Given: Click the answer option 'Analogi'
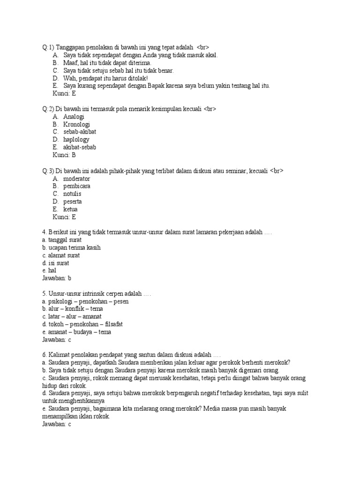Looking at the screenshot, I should [x=74, y=117].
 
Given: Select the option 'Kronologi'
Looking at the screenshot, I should [x=77, y=124].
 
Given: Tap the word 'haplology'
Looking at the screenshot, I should [x=76, y=140].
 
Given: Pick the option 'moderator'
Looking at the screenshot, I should [x=76, y=179].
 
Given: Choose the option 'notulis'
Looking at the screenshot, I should [x=72, y=194].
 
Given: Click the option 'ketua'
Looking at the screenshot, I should [x=70, y=209].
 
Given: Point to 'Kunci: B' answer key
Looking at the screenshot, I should [x=64, y=155].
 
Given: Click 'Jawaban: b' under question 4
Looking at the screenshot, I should [x=56, y=278].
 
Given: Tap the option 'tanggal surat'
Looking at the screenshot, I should [x=65, y=240].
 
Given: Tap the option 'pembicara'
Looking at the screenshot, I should [x=77, y=186].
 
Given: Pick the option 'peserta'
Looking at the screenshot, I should [x=73, y=202].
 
